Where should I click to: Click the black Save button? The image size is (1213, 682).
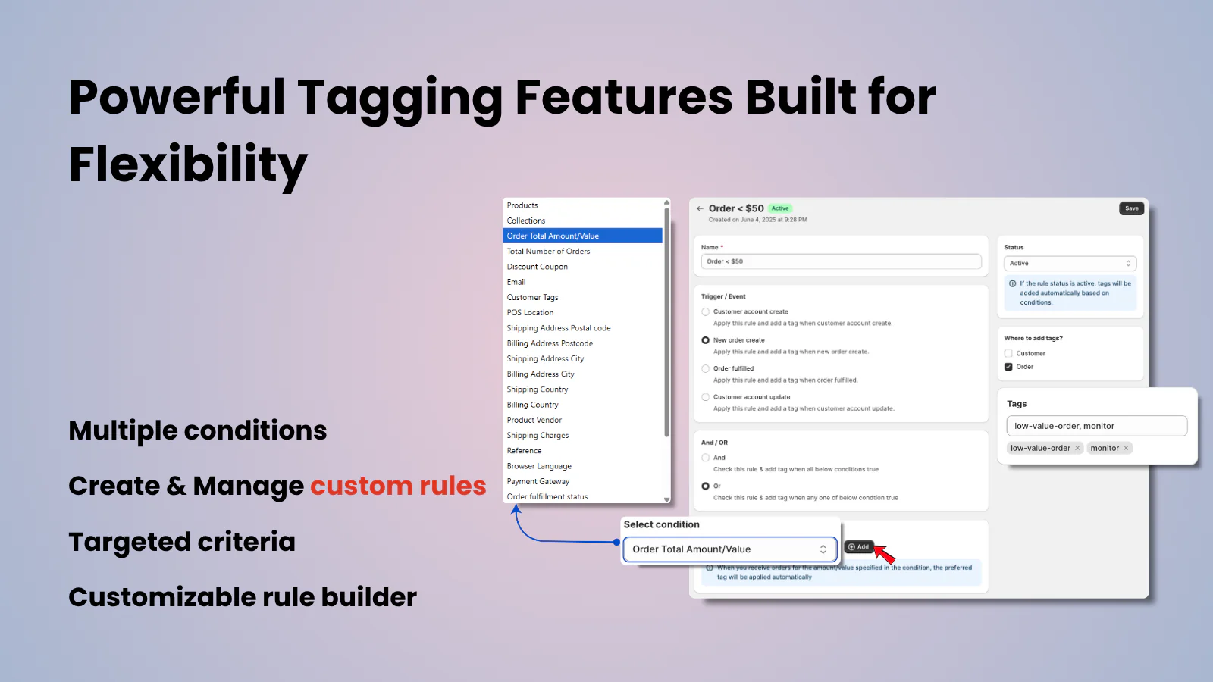tap(1131, 208)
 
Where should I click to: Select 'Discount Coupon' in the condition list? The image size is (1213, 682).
tap(538, 267)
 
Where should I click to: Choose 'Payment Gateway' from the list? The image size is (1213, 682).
tap(538, 481)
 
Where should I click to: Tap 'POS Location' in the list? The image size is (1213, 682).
tap(530, 313)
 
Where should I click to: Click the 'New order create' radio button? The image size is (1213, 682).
tap(706, 340)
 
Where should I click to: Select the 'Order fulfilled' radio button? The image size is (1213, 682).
tap(706, 369)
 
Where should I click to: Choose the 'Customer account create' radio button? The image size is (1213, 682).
tap(706, 311)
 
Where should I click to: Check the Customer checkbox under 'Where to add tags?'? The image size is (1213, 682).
tap(1008, 353)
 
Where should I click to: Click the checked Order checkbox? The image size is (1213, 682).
tap(1008, 367)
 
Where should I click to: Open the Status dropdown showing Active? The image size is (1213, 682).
tap(1070, 263)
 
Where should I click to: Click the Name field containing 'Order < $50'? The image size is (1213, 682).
tap(841, 261)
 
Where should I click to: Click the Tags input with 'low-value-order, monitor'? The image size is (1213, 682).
tap(1096, 426)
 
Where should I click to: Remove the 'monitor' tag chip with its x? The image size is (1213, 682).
tap(1126, 448)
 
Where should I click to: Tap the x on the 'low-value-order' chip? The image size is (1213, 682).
tap(1077, 448)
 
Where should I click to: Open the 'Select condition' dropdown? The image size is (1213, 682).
tap(729, 549)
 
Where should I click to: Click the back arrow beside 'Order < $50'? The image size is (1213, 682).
tap(700, 208)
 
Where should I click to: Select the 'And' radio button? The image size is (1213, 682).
tap(706, 458)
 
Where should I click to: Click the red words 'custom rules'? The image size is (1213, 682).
tap(398, 486)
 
